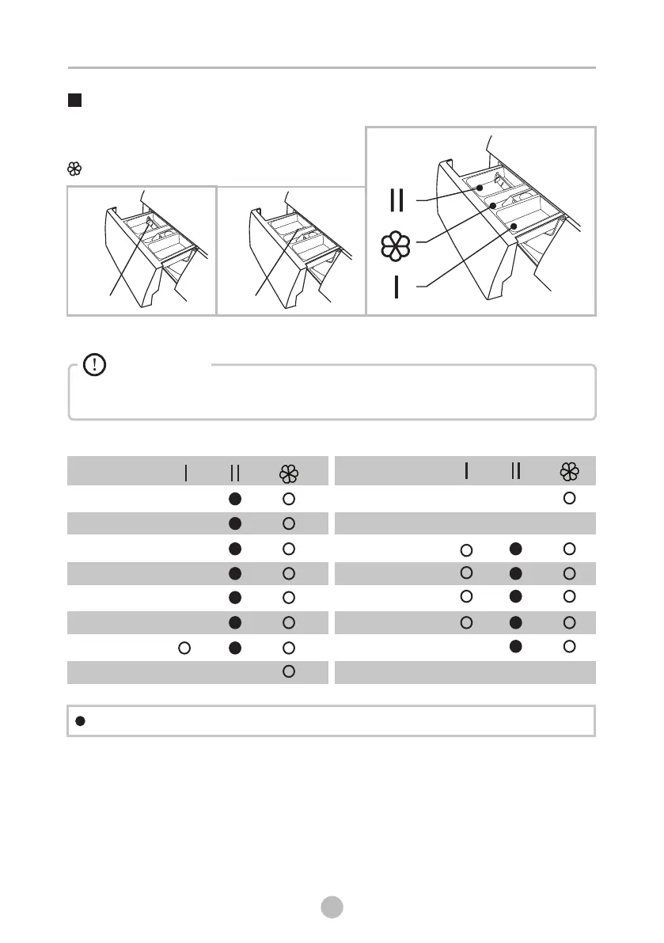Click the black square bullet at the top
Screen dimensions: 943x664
point(74,101)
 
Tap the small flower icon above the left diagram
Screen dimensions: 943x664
point(74,169)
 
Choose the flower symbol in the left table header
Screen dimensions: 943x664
point(289,473)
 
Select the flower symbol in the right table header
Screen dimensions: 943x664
point(569,471)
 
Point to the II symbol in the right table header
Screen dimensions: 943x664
point(516,471)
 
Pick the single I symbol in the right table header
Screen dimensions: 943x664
point(467,471)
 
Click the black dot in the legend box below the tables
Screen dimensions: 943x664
point(80,721)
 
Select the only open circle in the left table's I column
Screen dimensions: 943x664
point(184,648)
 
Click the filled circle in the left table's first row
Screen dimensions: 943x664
point(234,499)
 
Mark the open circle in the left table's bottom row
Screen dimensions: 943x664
point(289,671)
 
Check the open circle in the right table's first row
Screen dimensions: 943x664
point(569,499)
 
